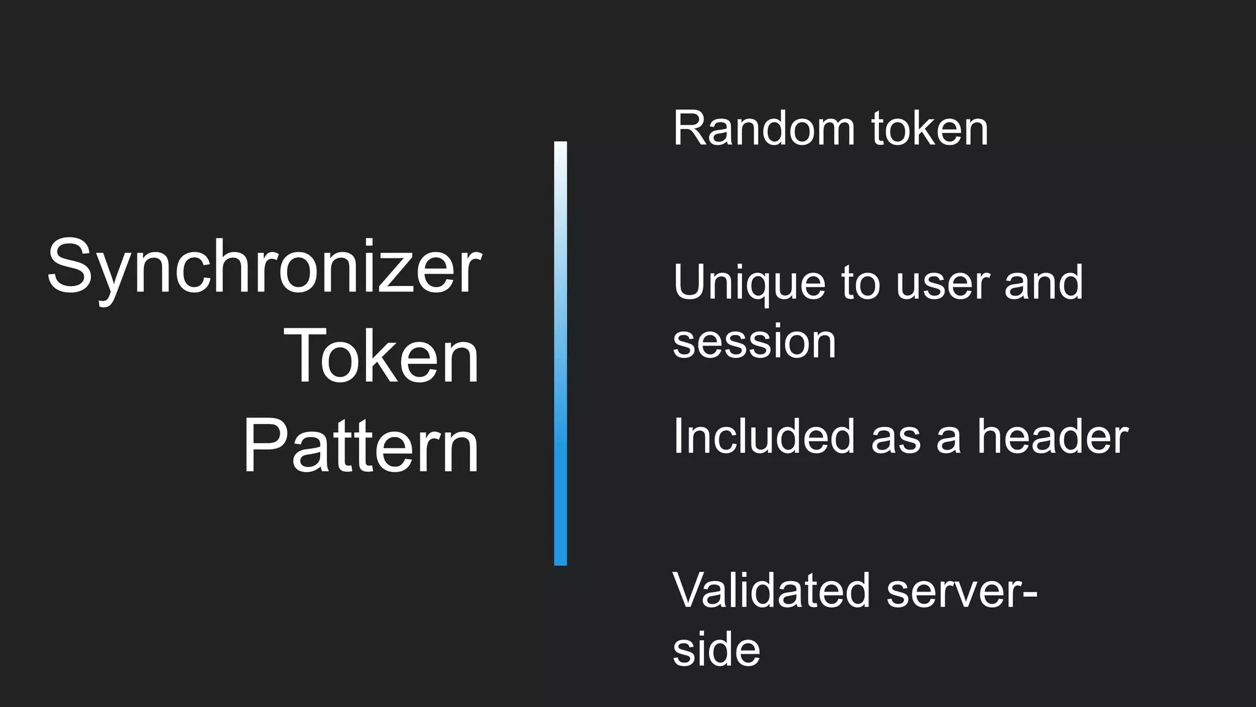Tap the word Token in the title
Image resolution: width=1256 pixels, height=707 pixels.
point(381,357)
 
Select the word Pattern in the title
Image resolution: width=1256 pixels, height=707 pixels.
point(361,446)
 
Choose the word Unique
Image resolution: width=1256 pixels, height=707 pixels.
point(749,284)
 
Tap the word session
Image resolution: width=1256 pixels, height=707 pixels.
point(754,342)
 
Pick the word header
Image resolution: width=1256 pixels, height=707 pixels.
point(1052,436)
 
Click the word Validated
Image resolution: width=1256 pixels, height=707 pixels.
point(772,591)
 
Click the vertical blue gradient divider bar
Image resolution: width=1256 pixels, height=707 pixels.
point(561,353)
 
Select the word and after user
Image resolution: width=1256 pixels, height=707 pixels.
point(1044,283)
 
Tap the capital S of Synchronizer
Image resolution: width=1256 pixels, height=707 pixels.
point(69,267)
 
